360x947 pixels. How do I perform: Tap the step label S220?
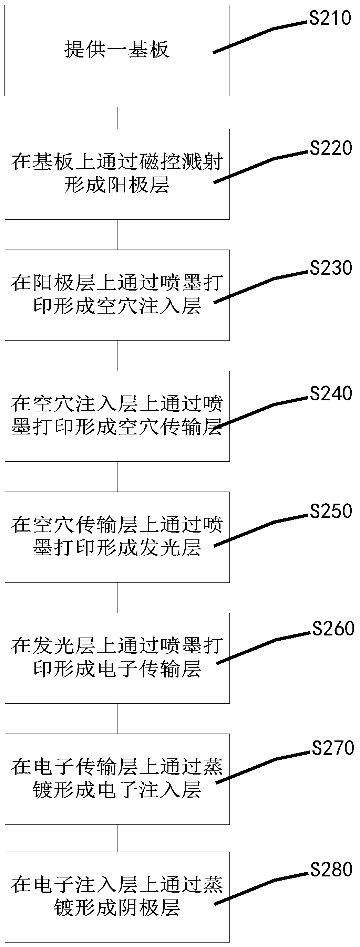tap(331, 148)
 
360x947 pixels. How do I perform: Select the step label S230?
tap(331, 268)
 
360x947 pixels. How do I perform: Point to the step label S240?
tap(331, 394)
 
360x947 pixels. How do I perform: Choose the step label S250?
tap(331, 511)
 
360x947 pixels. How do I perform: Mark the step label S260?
tap(333, 629)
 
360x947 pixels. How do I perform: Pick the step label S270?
tap(333, 748)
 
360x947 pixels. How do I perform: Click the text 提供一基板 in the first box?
tap(117, 50)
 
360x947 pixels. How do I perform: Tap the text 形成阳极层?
tap(117, 185)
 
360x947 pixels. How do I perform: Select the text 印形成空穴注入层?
tap(117, 306)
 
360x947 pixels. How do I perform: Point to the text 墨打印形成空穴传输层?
tap(117, 427)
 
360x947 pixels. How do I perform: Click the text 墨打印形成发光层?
tap(117, 548)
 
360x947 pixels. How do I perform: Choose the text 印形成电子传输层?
tap(117, 669)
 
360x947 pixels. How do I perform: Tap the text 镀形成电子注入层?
tap(117, 790)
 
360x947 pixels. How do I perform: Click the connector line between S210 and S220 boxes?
tap(117, 112)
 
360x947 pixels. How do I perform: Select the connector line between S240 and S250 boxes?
tap(117, 476)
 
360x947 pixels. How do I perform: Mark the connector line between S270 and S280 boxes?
tap(117, 838)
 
